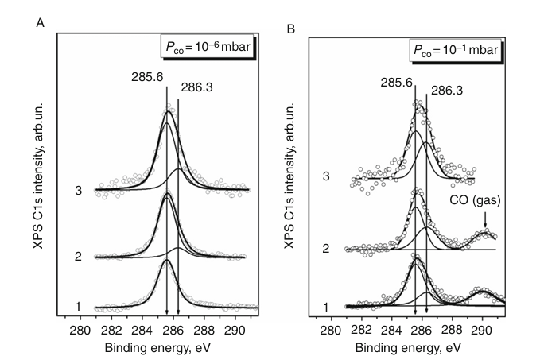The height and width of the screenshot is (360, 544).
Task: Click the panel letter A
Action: coord(40,23)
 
